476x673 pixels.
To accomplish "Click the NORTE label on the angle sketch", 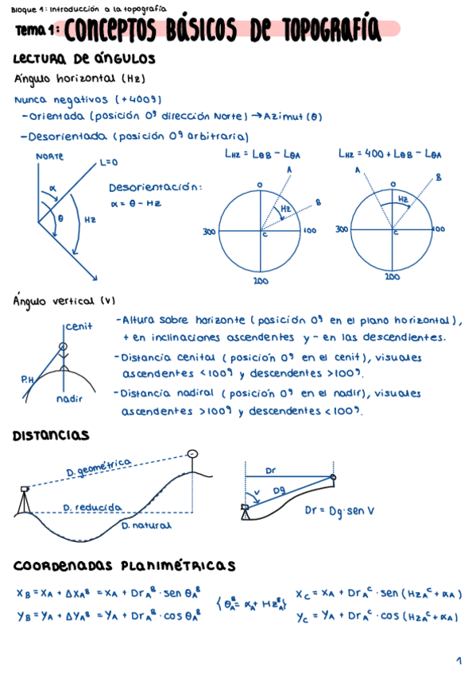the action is tap(49, 156).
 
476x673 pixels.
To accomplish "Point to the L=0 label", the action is tap(108, 163).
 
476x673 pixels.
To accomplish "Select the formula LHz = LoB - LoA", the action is tap(267, 154).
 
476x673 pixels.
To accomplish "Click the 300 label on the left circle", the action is tap(209, 232).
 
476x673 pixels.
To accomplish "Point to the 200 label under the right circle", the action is tap(392, 278).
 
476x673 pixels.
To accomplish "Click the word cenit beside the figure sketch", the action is tap(79, 325).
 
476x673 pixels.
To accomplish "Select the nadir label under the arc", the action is tap(70, 398).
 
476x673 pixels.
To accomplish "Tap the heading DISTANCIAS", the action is tap(51, 436).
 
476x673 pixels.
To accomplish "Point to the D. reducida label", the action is tap(92, 506).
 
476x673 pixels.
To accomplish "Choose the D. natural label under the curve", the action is tap(146, 525).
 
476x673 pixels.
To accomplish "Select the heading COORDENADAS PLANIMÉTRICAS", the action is tap(124, 566).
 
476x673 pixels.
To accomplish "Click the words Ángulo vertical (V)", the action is tap(65, 301).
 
